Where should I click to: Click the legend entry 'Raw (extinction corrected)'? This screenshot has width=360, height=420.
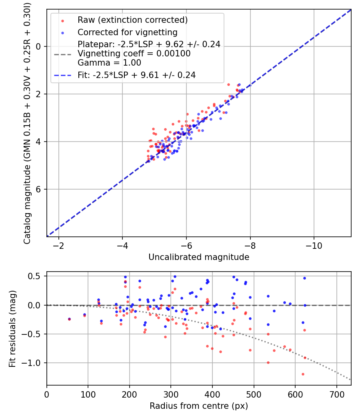pos(133,20)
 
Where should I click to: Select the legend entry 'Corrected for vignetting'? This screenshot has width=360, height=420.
pos(128,32)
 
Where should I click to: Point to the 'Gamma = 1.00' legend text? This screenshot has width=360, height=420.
pos(109,63)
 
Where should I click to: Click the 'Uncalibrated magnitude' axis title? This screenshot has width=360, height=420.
pos(199,257)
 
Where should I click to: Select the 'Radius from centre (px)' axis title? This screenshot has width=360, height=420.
pos(199,406)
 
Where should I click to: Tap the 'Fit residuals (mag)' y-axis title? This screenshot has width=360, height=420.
pos(12,328)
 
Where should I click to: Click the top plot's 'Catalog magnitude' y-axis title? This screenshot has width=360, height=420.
pos(27,122)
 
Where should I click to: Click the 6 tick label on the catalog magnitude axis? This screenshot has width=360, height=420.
pos(39,189)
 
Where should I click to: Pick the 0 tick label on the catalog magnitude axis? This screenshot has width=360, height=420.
pos(39,46)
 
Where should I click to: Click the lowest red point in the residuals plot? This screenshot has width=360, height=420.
pos(303,374)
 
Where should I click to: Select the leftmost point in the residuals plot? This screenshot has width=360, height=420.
pos(69,319)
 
